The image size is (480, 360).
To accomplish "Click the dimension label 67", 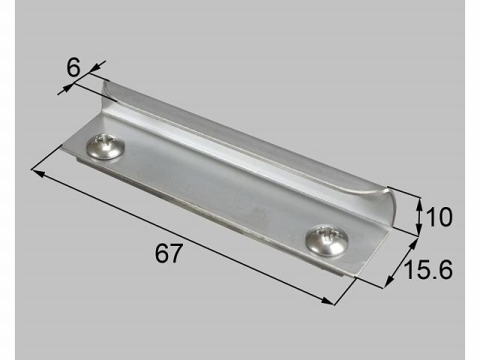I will [169, 253].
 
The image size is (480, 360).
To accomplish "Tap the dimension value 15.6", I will [427, 269].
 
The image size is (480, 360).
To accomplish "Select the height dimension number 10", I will [439, 217].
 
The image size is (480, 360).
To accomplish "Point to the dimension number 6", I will [73, 67].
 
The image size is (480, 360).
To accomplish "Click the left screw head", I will [105, 147].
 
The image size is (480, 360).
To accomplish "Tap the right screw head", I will [327, 240].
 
